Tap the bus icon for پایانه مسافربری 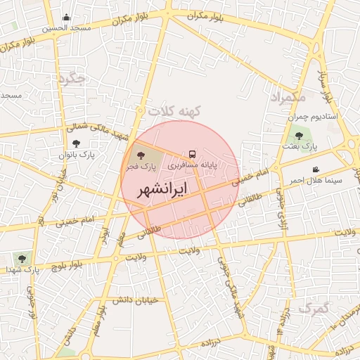[x=192, y=154]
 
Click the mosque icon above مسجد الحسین [x=67, y=18]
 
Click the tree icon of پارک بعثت [x=299, y=136]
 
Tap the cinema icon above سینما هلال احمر [x=316, y=169]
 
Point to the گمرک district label [x=313, y=308]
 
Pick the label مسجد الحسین [x=67, y=28]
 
